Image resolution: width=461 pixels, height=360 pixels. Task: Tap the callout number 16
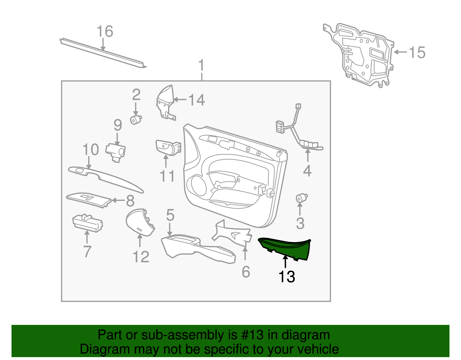coord(105,31)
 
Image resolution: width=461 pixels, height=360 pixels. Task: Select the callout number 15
coord(417,52)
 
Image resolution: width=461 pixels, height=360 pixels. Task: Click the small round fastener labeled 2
coord(135,120)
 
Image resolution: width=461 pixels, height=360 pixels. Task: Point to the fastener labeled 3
coord(301,198)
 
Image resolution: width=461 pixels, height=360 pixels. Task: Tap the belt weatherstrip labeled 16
coord(102,53)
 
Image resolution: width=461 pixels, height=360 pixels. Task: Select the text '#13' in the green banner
coord(250,335)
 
